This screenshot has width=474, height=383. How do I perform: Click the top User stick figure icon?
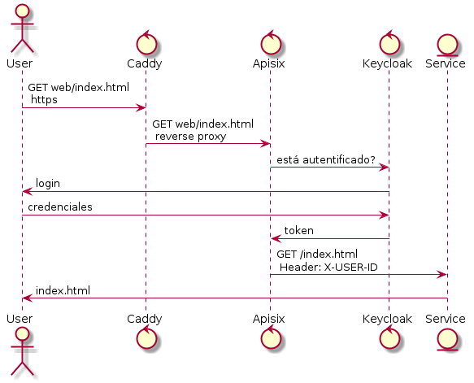[x=22, y=28]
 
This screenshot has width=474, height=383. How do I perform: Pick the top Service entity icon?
[x=447, y=46]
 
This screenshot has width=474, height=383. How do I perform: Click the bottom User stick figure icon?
[x=22, y=352]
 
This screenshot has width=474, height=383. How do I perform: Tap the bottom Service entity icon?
[x=447, y=339]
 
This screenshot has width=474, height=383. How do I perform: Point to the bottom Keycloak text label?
[x=387, y=319]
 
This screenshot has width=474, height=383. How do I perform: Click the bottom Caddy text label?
[x=145, y=319]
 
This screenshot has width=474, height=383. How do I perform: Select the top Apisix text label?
[x=269, y=63]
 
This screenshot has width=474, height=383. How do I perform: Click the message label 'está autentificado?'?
[x=326, y=159]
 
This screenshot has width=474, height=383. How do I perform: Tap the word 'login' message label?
[x=48, y=184]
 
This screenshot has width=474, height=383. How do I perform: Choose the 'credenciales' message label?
[x=60, y=207]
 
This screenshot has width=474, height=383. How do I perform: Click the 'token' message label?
[x=298, y=231]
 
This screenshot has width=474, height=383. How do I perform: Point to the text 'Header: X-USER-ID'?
[x=328, y=268]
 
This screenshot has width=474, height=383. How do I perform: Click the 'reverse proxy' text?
[x=191, y=137]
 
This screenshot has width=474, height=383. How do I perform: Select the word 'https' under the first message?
[x=44, y=100]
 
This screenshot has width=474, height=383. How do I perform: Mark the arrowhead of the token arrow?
[x=275, y=239]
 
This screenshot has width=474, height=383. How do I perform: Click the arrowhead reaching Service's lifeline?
[x=442, y=275]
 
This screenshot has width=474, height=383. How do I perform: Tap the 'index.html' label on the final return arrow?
[x=63, y=291]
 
